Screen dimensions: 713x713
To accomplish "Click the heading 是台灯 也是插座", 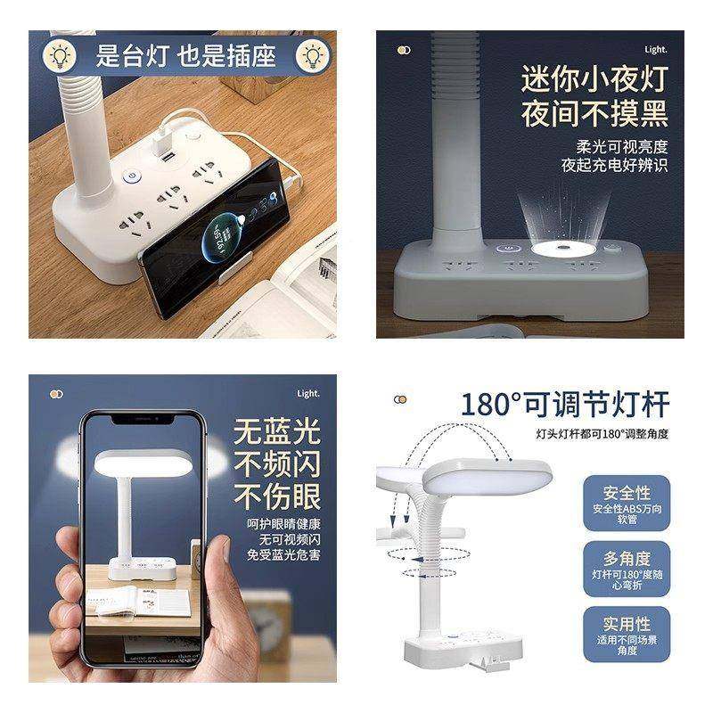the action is [x=186, y=56].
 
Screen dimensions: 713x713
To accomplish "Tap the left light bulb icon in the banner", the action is [x=60, y=56].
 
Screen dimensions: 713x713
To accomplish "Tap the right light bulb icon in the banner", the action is [x=313, y=56].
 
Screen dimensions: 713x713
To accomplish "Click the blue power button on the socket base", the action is [x=131, y=176].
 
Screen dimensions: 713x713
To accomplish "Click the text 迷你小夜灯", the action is [x=594, y=78].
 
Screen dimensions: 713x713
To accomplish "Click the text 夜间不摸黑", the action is [x=594, y=114].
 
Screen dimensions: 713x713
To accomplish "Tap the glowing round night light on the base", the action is [x=564, y=249].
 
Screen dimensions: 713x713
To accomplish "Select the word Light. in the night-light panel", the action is [x=655, y=50].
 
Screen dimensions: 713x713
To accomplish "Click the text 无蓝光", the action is [x=277, y=432].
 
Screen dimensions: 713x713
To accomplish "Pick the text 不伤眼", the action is [x=277, y=496].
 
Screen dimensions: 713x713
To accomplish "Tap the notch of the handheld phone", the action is [x=143, y=419].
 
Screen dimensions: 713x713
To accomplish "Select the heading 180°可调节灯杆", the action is [x=565, y=405].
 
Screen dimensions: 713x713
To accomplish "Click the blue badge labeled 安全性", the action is [x=627, y=503].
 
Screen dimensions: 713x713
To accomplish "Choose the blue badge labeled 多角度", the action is [x=627, y=569].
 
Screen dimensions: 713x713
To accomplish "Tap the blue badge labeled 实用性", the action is [x=627, y=635].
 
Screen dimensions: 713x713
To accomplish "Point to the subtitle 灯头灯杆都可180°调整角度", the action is [x=602, y=434].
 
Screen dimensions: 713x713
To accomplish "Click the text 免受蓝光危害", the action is [x=283, y=554].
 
